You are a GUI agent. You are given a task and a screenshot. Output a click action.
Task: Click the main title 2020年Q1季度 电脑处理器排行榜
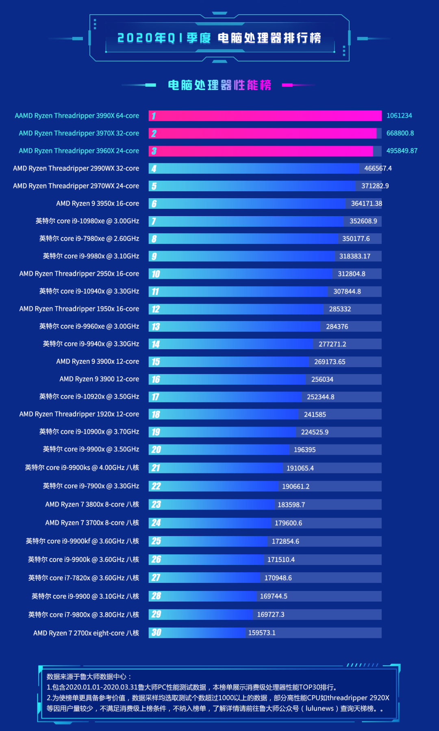click(x=219, y=38)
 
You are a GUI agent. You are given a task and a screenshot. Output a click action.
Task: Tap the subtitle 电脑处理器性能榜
click(x=219, y=85)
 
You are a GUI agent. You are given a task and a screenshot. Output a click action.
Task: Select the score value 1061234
click(x=399, y=116)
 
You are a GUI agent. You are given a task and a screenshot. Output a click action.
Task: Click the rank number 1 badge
click(x=154, y=116)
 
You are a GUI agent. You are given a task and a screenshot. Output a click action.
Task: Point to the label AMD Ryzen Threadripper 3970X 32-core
click(x=79, y=133)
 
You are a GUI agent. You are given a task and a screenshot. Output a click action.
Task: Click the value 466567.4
click(x=378, y=168)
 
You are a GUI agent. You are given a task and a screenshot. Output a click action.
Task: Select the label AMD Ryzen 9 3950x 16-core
click(x=98, y=204)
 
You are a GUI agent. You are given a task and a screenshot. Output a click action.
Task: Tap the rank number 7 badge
click(x=154, y=221)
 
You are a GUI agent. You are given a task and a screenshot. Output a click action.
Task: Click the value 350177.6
click(x=356, y=239)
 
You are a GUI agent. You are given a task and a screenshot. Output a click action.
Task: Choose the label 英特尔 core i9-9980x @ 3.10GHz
click(x=91, y=256)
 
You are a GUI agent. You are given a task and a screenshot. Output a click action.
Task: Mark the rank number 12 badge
click(x=155, y=309)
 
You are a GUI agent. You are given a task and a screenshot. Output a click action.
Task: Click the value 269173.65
click(x=330, y=362)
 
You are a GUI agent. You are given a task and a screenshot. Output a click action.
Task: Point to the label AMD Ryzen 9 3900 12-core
click(x=99, y=379)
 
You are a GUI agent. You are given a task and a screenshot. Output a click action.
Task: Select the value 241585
click(x=315, y=414)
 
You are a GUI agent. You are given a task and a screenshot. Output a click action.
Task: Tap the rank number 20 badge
click(x=156, y=450)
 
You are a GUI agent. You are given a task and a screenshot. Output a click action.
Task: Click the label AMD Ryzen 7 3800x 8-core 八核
click(x=92, y=504)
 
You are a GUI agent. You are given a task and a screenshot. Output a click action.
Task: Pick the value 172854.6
click(x=285, y=541)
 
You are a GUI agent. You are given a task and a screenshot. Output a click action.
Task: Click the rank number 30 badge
click(x=156, y=633)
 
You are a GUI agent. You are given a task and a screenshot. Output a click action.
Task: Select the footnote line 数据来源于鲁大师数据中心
click(x=89, y=676)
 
